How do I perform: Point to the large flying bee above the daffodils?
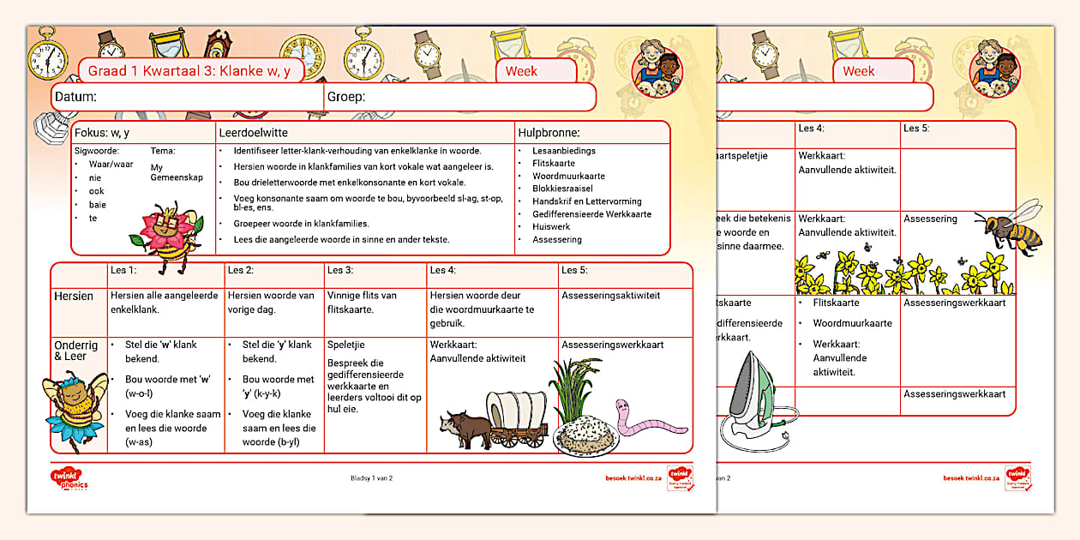(1013, 225)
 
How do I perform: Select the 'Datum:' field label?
(75, 97)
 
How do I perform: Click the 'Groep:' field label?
(346, 97)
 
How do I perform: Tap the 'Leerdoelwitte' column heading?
(253, 133)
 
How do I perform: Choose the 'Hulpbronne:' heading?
(549, 133)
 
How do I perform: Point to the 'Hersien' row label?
(74, 296)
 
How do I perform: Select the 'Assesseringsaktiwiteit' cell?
(610, 295)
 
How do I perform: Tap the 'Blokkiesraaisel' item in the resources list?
(562, 189)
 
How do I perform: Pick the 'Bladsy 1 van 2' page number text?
(372, 478)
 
